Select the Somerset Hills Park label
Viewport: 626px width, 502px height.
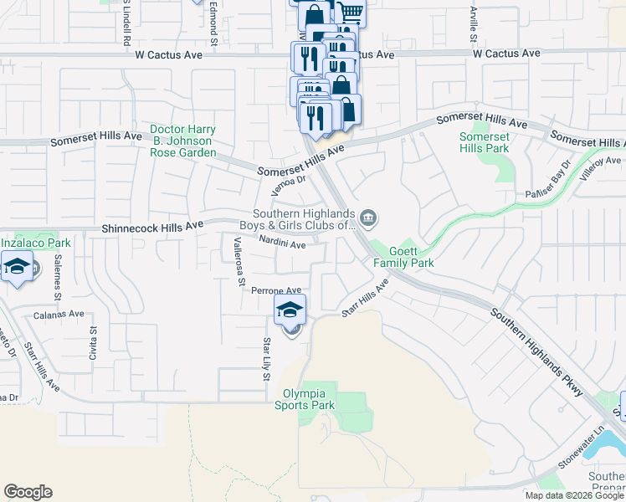[x=485, y=142]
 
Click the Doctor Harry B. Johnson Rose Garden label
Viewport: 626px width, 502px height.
[x=182, y=141]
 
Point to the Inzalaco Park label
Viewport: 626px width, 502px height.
[x=35, y=243]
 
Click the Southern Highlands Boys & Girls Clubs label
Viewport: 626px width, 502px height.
[x=305, y=219]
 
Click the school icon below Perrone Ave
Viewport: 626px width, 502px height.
[x=290, y=311]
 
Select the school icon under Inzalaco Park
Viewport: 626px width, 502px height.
[x=17, y=269]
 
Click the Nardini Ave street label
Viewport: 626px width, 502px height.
[x=281, y=245]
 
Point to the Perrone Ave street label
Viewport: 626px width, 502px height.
[x=275, y=290]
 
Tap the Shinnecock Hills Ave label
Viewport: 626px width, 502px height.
[x=152, y=227]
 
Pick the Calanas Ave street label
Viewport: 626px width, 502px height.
[x=59, y=315]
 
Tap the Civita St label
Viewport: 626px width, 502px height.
[x=93, y=344]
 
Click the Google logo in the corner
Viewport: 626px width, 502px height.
[x=28, y=492]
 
